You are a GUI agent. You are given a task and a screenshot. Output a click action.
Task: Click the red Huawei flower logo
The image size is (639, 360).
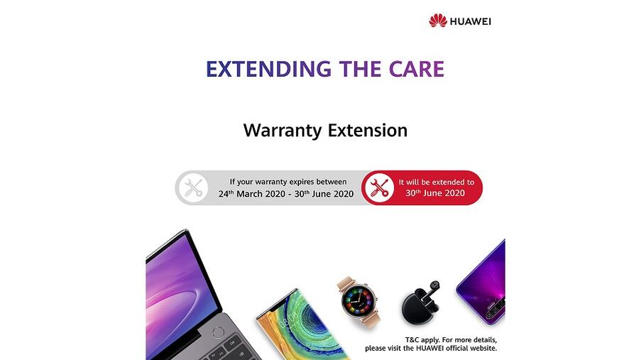coord(437,21)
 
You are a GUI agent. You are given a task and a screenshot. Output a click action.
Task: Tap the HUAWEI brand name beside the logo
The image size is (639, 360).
coord(470,21)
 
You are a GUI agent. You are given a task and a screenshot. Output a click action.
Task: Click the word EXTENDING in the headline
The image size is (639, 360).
coord(268,69)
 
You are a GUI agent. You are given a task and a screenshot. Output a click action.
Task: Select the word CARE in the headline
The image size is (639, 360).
coord(416,69)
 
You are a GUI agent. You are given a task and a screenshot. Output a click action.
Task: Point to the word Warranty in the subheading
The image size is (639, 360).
coord(283,131)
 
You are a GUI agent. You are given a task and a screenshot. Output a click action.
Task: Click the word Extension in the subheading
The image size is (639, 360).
coord(368,130)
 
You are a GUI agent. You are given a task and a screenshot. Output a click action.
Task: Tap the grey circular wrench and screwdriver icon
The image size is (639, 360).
coord(193,188)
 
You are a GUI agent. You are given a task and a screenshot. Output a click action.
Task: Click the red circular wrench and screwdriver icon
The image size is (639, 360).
coord(379,188)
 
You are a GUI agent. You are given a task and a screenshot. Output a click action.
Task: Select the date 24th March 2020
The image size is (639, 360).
coord(252,194)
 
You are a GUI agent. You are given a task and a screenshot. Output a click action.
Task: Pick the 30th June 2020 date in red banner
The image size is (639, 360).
coord(435,193)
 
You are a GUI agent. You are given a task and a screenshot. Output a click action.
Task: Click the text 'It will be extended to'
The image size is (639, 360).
coord(437,182)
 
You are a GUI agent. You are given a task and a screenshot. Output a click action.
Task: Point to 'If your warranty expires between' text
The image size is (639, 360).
coord(288,182)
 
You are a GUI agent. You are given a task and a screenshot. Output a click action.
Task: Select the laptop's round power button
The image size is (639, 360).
coord(219,332)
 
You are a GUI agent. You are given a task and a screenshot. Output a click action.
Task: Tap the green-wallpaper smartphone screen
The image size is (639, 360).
coord(304,326)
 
